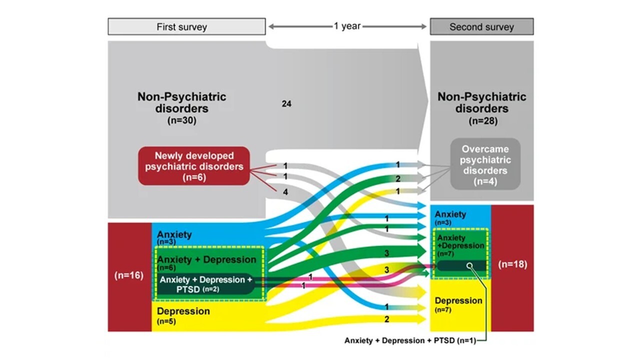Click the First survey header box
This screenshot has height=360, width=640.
coord(186,27)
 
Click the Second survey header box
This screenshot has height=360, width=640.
coord(481,27)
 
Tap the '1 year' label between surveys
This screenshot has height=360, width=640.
coord(347,26)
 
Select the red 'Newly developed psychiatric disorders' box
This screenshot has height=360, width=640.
coord(193,166)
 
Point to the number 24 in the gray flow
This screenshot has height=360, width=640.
coord(286,104)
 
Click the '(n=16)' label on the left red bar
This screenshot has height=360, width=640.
coord(129,276)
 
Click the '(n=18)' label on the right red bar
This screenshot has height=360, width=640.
coord(512,264)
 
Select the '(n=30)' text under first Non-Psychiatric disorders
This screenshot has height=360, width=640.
coord(181,120)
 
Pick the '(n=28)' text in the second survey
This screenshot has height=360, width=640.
coord(481,120)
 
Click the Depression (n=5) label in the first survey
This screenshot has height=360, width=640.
coord(183,314)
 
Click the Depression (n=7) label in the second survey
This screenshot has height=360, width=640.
coord(458,304)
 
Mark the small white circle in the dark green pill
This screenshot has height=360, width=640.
coord(469,265)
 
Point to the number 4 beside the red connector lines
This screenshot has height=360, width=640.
coord(285,191)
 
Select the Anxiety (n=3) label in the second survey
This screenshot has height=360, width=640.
coord(450,217)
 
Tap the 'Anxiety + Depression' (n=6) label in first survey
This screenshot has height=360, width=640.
coord(206,262)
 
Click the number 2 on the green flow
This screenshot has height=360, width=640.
coord(397,178)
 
